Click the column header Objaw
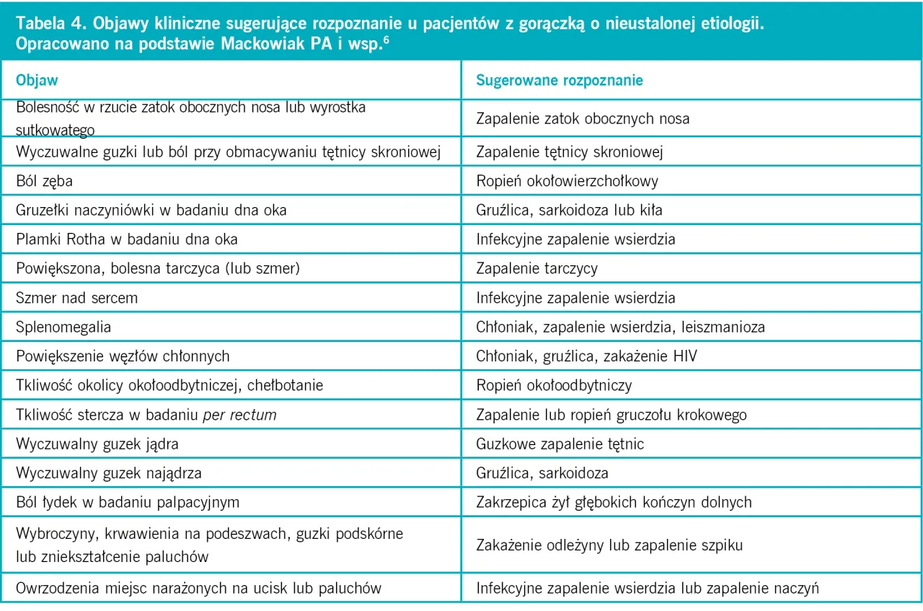tap(37, 80)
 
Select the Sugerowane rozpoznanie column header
tap(559, 80)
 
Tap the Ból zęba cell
tap(45, 181)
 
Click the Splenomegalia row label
tap(63, 327)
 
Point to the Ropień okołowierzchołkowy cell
tap(567, 181)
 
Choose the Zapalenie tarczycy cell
tap(536, 268)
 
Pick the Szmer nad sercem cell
tap(76, 297)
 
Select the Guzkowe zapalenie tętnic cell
tap(560, 444)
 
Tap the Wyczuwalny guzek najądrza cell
tap(108, 473)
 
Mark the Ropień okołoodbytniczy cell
tap(554, 385)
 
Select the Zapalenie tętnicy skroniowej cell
tap(569, 151)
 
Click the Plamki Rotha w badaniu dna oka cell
tap(126, 239)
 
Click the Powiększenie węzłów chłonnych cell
tap(123, 356)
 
